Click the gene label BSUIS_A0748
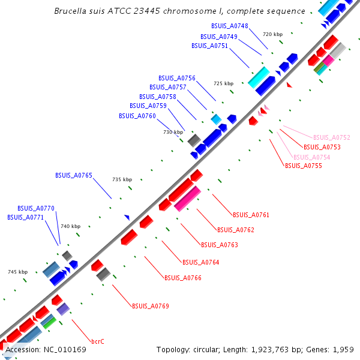[230, 26]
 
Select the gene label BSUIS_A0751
[209, 46]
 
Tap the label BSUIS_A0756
[177, 78]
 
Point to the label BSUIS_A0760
[137, 116]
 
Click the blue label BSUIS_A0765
[74, 175]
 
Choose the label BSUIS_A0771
[26, 217]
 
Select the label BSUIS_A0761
[251, 215]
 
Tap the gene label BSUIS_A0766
[183, 278]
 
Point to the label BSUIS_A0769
[151, 306]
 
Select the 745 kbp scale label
[18, 272]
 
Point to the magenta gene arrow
[188, 199]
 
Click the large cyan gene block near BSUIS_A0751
[259, 76]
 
